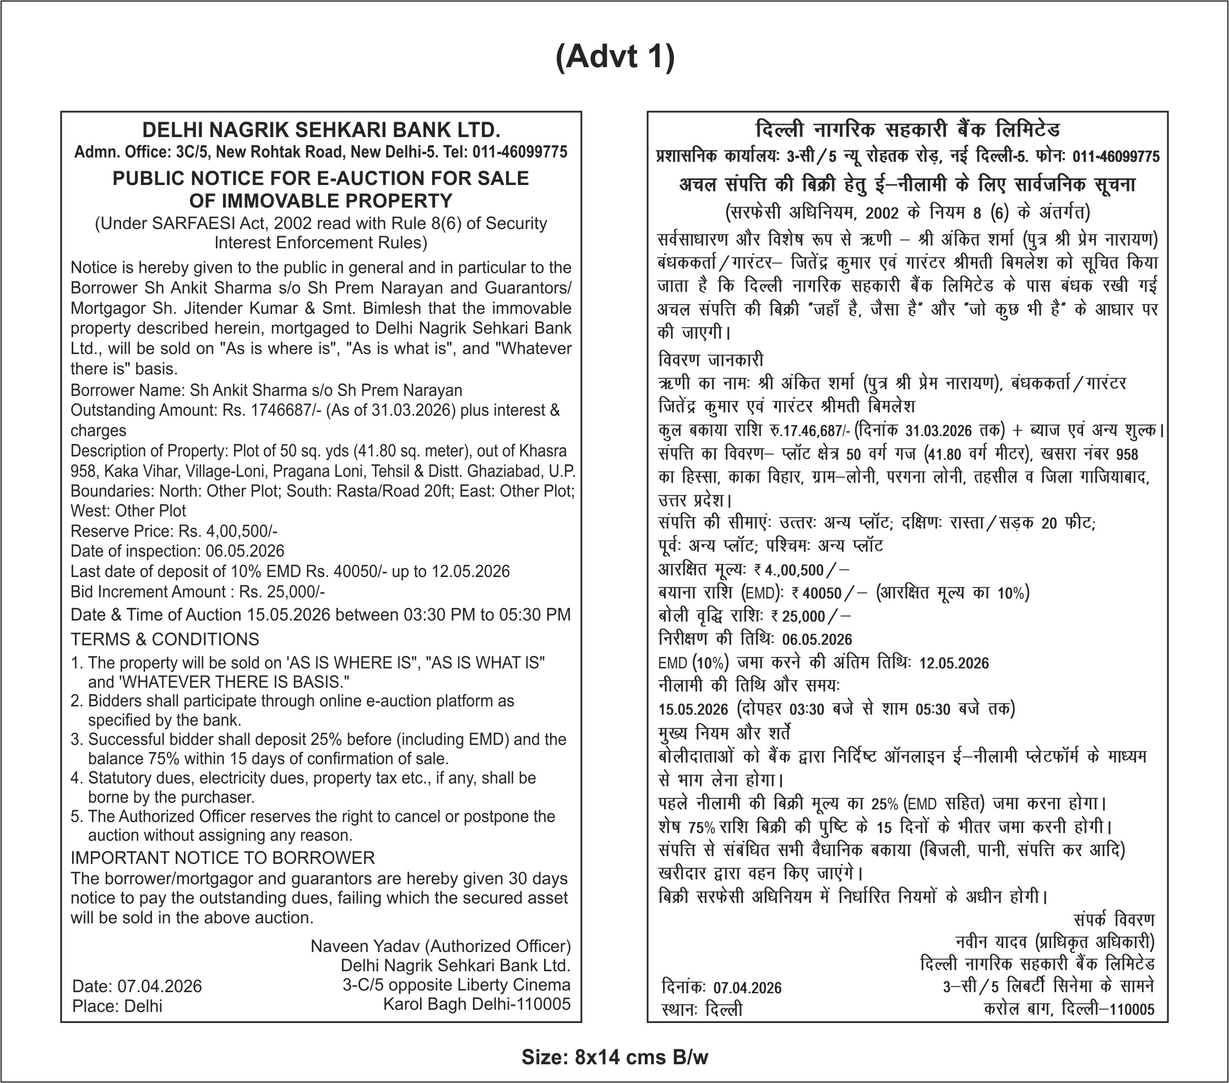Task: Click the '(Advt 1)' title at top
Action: coord(614,58)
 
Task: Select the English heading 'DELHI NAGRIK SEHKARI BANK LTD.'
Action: coord(321,130)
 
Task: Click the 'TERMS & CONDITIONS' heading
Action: coord(165,639)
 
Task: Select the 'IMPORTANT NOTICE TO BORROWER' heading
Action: coord(222,857)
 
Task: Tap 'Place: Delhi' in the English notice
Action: coord(117,1006)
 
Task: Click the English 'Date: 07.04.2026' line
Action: coord(137,986)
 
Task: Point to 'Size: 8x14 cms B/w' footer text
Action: coord(614,1057)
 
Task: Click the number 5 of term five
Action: coord(76,817)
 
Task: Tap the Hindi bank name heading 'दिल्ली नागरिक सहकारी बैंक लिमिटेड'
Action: coord(907,130)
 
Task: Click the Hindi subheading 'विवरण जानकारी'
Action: coord(711,360)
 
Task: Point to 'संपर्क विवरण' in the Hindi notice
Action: coord(1113,921)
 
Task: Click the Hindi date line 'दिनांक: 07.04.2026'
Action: coord(721,988)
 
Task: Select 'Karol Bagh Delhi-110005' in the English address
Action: coord(477,1005)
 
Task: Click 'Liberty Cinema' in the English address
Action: coord(513,985)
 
